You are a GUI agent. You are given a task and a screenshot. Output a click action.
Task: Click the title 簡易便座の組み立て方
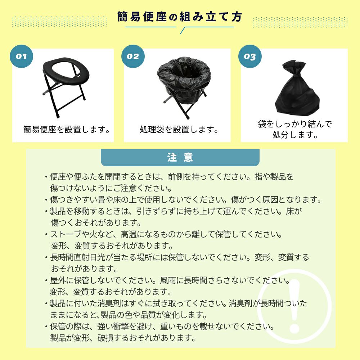click(180, 17)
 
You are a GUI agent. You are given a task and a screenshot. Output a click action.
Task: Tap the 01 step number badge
click(21, 56)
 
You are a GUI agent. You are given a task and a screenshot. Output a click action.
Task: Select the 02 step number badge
click(133, 56)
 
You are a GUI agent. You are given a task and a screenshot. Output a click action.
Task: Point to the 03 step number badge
click(250, 56)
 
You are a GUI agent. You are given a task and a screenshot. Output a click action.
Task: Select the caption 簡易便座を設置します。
click(67, 130)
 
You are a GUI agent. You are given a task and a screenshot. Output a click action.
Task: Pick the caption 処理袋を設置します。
click(179, 130)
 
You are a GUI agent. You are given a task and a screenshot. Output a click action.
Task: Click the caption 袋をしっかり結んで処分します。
click(295, 129)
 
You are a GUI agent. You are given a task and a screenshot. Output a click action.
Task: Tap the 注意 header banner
click(180, 158)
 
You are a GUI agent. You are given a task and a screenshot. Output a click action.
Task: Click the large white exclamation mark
click(294, 306)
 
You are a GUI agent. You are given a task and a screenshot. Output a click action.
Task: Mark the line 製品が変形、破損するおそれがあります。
click(123, 338)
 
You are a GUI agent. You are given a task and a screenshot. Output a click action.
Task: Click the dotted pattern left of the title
click(59, 22)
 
